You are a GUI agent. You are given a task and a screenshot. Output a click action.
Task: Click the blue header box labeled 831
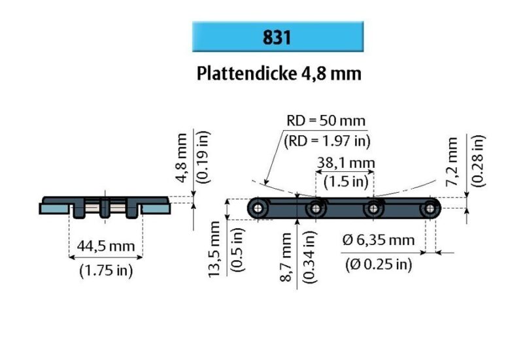tap(278, 37)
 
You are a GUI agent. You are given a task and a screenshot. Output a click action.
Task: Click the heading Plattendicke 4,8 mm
tap(278, 73)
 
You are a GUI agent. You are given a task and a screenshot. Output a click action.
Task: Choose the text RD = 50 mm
tap(325, 121)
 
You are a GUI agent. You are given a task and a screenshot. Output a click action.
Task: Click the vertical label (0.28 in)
tap(479, 161)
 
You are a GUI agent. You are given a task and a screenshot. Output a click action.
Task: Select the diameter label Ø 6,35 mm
tap(379, 240)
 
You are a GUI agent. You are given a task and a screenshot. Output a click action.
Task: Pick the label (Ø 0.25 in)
tap(378, 264)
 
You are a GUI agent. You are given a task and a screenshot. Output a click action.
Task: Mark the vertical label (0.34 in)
tap(310, 255)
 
